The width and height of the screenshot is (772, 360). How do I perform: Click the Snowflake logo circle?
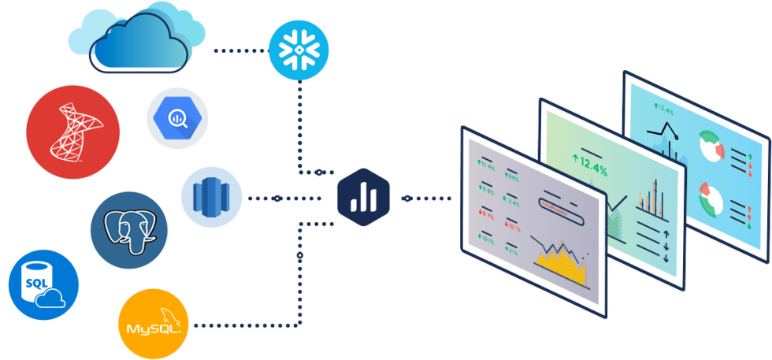coord(299,49)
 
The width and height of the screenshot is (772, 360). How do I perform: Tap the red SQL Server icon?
coord(73,132)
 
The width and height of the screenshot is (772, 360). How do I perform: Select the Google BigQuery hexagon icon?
coord(176,118)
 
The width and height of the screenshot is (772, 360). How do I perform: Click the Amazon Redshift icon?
coord(211,198)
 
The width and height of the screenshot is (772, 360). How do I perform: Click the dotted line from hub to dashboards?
coord(429,198)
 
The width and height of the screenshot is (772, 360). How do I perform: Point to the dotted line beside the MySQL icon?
coord(244,324)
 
